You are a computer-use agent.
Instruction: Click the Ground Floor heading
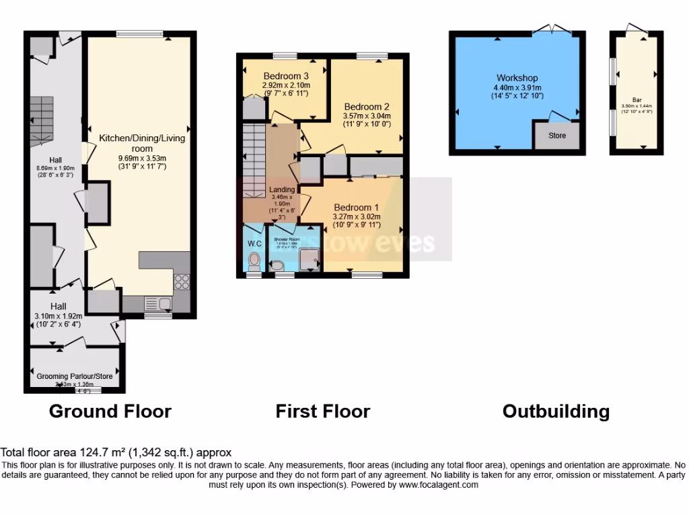(x=110, y=411)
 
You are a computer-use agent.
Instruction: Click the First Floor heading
(x=322, y=411)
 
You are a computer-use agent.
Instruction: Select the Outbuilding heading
(x=556, y=411)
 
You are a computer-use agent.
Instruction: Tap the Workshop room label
(x=517, y=79)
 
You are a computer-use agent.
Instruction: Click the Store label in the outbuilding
(x=557, y=136)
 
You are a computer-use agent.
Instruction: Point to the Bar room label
(x=637, y=99)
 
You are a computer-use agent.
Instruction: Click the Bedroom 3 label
(x=286, y=76)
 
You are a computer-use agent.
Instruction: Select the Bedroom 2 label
(x=367, y=107)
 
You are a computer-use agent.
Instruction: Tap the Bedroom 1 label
(x=357, y=208)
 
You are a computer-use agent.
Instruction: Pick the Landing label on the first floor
(x=282, y=190)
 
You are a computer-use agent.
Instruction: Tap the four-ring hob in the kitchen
(x=182, y=281)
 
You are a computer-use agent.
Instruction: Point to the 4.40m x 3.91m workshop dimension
(x=517, y=87)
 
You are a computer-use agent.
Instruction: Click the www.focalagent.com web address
(x=438, y=484)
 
